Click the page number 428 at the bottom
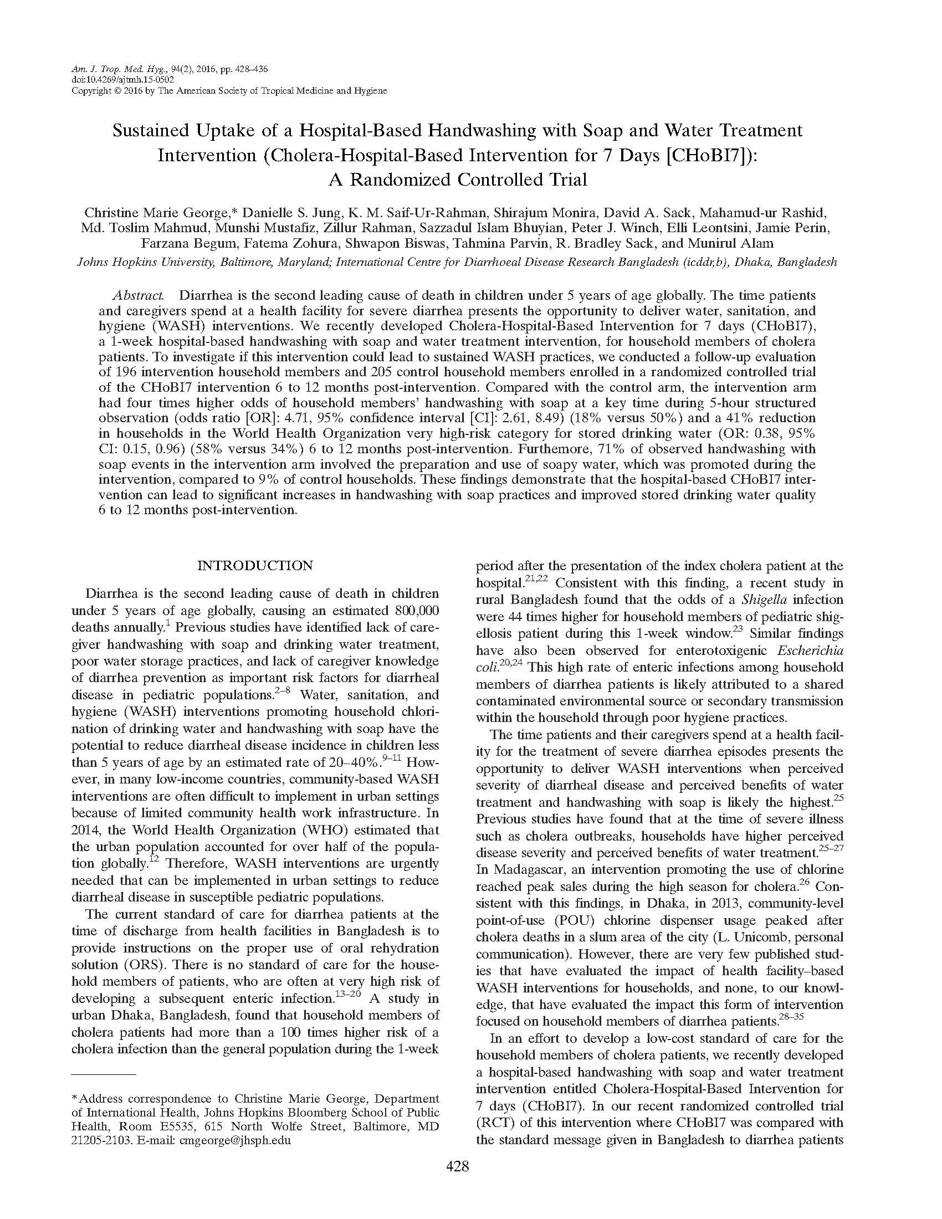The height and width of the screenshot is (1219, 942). tap(457, 1166)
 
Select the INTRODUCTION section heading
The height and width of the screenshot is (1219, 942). tap(255, 565)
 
